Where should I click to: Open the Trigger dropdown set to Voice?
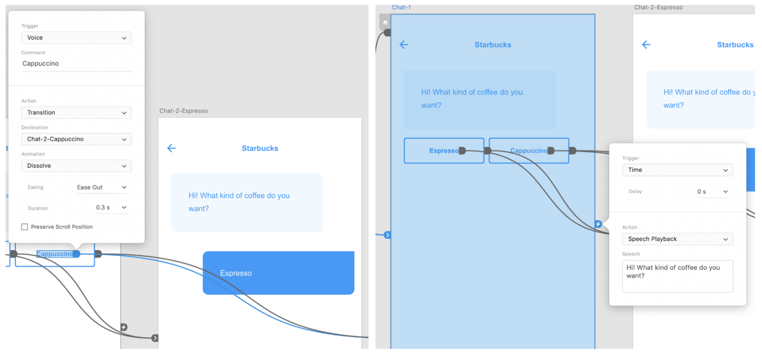pyautogui.click(x=76, y=38)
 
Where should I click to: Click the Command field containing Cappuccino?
pyautogui.click(x=76, y=64)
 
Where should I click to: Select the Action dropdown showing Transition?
pyautogui.click(x=76, y=112)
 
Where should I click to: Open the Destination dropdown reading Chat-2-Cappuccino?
pyautogui.click(x=76, y=139)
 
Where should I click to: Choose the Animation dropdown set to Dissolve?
pyautogui.click(x=76, y=166)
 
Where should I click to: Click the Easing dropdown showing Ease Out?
pyautogui.click(x=102, y=187)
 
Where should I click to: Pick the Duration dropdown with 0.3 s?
pyautogui.click(x=111, y=208)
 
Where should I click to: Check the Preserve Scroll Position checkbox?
pyautogui.click(x=24, y=227)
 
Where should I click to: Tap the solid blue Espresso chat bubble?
pyautogui.click(x=278, y=273)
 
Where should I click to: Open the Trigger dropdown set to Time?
pyautogui.click(x=677, y=170)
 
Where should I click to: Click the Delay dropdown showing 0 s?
pyautogui.click(x=712, y=192)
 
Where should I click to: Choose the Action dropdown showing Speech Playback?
pyautogui.click(x=677, y=239)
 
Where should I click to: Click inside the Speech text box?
pyautogui.click(x=677, y=276)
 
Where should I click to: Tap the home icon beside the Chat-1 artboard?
pyautogui.click(x=385, y=23)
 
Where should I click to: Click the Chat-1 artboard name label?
pyautogui.click(x=401, y=7)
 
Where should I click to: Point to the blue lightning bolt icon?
pyautogui.click(x=598, y=224)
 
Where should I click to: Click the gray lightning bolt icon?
pyautogui.click(x=124, y=327)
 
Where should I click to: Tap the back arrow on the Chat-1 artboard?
pyautogui.click(x=404, y=44)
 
